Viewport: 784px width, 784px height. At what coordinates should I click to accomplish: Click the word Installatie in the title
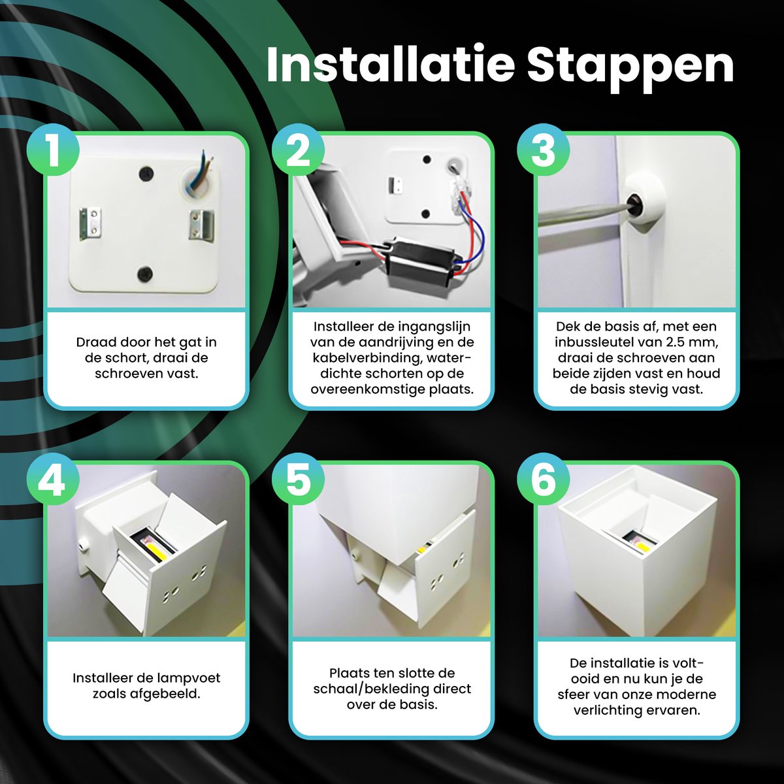(x=391, y=65)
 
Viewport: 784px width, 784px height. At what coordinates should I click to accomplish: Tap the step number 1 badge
(x=53, y=150)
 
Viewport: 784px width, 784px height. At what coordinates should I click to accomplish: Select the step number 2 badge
(x=298, y=150)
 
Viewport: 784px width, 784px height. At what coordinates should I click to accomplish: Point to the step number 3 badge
(x=543, y=150)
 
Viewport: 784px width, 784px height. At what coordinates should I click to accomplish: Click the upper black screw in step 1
(x=146, y=174)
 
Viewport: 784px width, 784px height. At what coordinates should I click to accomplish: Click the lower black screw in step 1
(x=144, y=274)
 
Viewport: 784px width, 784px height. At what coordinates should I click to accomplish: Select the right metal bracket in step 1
(x=201, y=225)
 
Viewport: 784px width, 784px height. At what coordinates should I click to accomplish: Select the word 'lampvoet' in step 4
(x=184, y=678)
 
